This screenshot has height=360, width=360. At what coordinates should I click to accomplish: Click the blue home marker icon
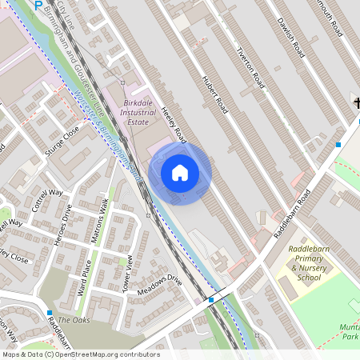(x=180, y=172)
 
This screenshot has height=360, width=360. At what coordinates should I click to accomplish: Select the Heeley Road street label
(x=174, y=126)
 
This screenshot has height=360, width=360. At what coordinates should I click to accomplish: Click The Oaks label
(x=74, y=320)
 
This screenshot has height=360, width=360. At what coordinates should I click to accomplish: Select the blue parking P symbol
(x=38, y=5)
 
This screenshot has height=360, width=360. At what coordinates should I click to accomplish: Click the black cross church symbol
(x=356, y=102)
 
